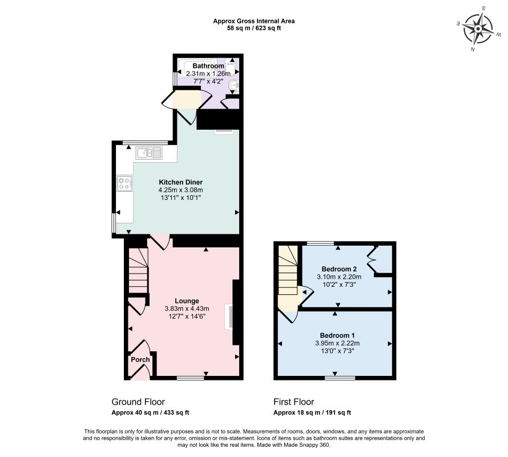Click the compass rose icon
478,29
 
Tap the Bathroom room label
208,66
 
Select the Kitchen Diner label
181,182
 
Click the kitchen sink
149,153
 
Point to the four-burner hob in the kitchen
125,183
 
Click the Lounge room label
187,300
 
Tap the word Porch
140,359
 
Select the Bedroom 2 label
339,269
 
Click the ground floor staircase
139,271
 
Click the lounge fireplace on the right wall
229,317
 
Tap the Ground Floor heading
138,402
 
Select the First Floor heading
293,402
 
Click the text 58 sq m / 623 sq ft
253,28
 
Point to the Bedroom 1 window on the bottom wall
340,378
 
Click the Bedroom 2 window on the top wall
320,243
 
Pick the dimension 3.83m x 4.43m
187,308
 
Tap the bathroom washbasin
234,85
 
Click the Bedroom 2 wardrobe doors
372,259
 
